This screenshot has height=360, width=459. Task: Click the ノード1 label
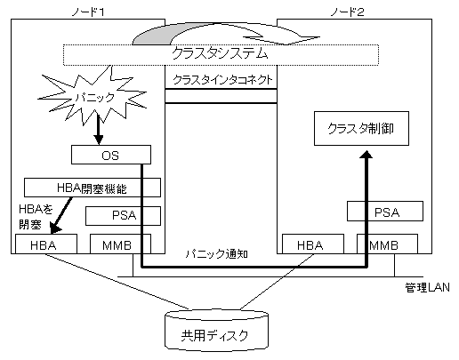click(x=88, y=12)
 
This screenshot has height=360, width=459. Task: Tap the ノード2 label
click(x=347, y=12)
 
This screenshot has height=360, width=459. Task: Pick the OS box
click(x=111, y=155)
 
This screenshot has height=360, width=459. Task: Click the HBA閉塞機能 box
click(x=93, y=188)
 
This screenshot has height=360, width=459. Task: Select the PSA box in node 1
click(x=123, y=215)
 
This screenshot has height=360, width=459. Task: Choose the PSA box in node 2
click(x=385, y=212)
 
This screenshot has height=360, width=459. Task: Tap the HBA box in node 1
click(x=46, y=244)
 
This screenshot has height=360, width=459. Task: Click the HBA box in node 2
click(x=313, y=244)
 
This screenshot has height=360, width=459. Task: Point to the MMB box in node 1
click(x=120, y=244)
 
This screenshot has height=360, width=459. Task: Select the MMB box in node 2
click(x=387, y=244)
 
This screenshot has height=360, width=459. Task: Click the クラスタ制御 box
click(x=361, y=129)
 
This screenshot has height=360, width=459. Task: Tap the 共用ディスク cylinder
click(x=216, y=331)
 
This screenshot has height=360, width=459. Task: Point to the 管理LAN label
click(x=427, y=287)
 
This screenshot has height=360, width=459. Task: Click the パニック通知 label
click(x=216, y=254)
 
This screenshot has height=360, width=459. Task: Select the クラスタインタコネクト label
click(x=222, y=80)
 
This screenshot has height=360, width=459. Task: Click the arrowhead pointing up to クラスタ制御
click(x=367, y=155)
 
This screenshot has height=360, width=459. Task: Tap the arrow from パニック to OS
click(x=99, y=127)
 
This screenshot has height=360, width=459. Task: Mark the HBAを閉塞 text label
click(x=36, y=217)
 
